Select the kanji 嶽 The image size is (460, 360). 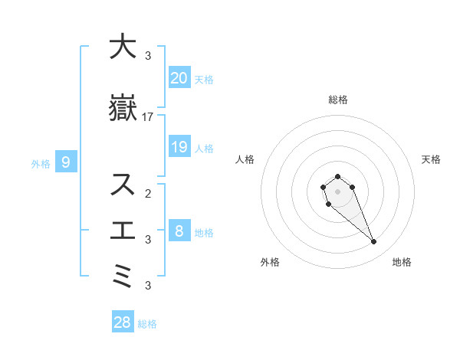122,110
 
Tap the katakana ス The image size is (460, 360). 122,185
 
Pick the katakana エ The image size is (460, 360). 122,230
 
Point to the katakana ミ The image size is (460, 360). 122,276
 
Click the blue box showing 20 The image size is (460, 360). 179,77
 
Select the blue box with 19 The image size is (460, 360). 179,146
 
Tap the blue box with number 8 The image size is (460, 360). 179,231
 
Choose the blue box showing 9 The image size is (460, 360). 67,162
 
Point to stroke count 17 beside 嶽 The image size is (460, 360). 148,117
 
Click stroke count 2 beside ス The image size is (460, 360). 148,193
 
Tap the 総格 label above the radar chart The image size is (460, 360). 337,100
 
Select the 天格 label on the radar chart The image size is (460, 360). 432,159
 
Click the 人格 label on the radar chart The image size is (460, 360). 245,159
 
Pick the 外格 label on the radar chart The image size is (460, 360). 270,262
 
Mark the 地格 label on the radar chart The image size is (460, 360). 402,262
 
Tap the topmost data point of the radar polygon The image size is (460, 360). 337,176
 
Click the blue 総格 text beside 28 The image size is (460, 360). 147,324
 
